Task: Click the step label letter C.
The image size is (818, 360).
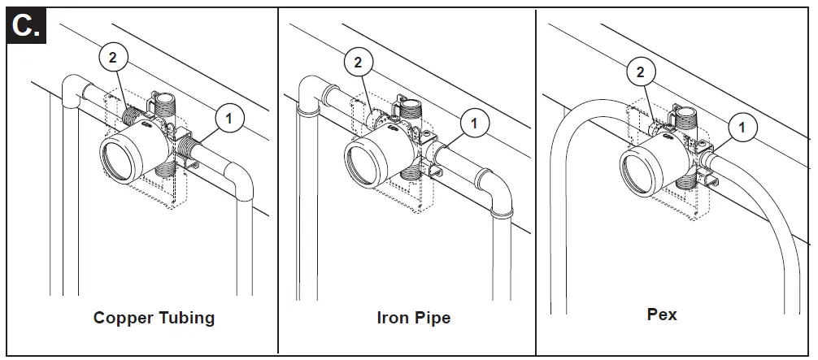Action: point(25,26)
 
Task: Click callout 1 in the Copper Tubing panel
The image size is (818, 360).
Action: point(228,119)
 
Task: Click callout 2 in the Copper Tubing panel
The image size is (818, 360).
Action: point(112,56)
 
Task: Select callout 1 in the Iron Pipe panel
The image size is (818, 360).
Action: point(474,124)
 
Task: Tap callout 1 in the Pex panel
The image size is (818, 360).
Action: point(741,128)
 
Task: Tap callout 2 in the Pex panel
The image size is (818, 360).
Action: point(641,72)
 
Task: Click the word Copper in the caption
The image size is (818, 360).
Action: point(124,318)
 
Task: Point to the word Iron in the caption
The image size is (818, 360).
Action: point(393,318)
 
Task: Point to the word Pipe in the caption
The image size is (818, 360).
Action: point(433,318)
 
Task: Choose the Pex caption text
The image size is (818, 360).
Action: point(662,314)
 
